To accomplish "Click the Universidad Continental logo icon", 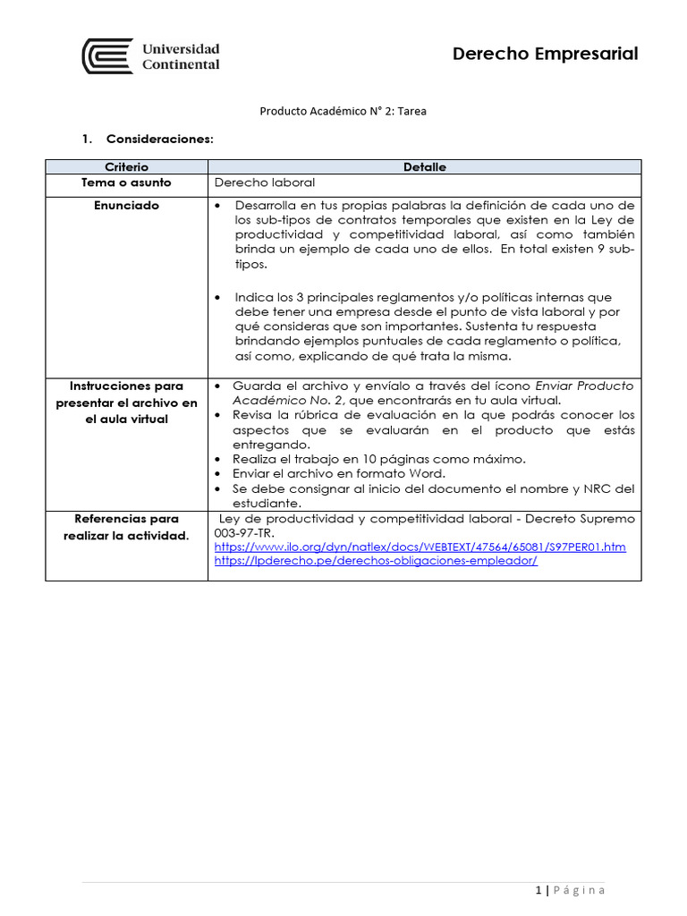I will tap(107, 55).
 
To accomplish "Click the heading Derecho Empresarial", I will tap(545, 54).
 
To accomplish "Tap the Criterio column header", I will tap(126, 167).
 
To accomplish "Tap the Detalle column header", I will tap(424, 167).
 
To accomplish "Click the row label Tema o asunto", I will tap(126, 182).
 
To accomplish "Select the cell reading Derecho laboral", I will tap(265, 182).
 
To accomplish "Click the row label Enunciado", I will tap(126, 206).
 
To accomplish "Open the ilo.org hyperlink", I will tap(420, 547).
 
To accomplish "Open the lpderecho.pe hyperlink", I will tap(376, 562).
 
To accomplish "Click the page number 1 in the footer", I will tap(539, 890).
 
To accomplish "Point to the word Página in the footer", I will tap(580, 890).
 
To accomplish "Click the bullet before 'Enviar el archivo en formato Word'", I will tap(220, 474).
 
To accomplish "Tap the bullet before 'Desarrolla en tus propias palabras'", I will tap(220, 206).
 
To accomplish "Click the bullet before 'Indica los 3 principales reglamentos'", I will tap(220, 297).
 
